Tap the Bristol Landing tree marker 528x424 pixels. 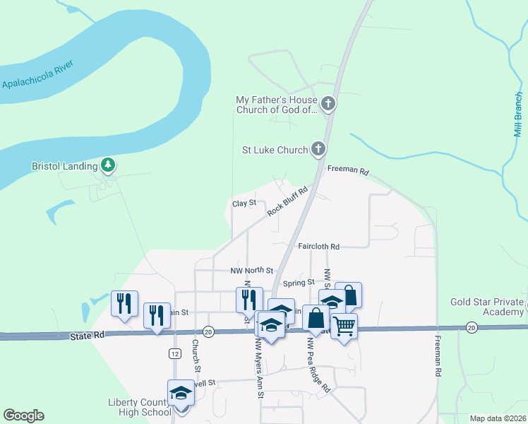pos(108,166)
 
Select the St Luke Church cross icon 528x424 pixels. pos(318,150)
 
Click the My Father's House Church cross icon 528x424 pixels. pos(328,105)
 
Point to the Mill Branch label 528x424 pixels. pos(518,113)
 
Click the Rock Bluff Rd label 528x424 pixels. pos(288,201)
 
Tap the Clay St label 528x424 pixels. pos(244,204)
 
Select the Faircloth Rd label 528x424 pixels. pos(318,247)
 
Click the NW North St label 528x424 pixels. pos(251,271)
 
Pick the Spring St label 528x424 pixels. pos(299,283)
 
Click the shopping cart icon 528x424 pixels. pos(344,326)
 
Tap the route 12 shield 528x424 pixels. pos(174,352)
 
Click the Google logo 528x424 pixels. pos(23,416)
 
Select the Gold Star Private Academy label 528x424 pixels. pos(487,307)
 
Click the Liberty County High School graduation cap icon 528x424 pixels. pos(181,393)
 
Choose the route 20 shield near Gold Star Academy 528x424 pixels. pos(471,327)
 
